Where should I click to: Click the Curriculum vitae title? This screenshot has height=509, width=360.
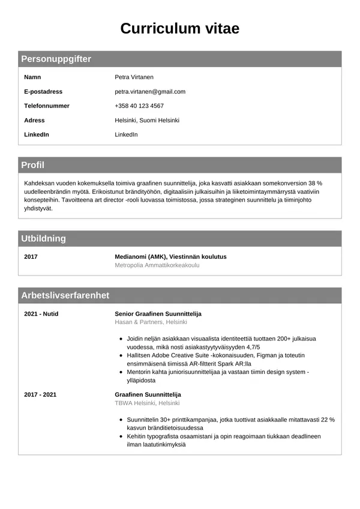pos(180,28)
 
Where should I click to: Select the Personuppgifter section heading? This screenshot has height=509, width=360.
pos(56,59)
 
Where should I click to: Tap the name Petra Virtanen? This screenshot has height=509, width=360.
pos(134,77)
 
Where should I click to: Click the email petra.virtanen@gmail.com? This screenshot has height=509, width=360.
pos(150,92)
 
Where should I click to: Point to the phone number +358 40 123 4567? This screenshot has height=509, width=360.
pos(139,106)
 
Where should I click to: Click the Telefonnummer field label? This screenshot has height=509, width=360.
pos(47,106)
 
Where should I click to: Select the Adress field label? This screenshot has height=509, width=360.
pos(34,120)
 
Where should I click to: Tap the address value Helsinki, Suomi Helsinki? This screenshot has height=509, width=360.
pos(147,120)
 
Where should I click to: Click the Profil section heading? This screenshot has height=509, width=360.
pos(32,165)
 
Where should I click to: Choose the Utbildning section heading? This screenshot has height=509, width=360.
pos(43,238)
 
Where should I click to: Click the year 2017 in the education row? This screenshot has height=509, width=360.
pos(31,257)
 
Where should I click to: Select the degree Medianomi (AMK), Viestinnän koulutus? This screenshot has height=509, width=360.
pos(170,257)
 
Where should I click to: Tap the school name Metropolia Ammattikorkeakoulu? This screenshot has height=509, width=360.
pos(157,265)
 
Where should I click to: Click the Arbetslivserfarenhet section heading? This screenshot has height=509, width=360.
pos(65,295)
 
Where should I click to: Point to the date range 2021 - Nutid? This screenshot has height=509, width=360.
pos(41,314)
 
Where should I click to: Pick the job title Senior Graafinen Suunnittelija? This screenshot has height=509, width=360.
pos(158,314)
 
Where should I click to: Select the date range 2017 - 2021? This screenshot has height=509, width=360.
pos(40,394)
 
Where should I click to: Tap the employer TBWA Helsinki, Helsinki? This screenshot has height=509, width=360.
pos(147,403)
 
